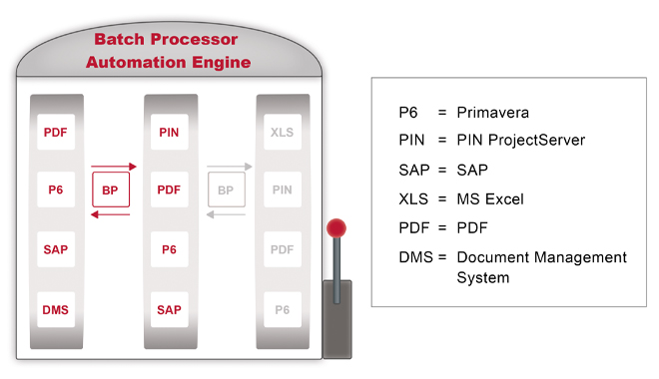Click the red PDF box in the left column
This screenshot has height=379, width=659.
pyautogui.click(x=56, y=132)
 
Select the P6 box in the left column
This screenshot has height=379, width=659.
pyautogui.click(x=56, y=189)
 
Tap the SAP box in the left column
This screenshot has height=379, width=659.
pyautogui.click(x=56, y=249)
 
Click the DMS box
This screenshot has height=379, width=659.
pyautogui.click(x=56, y=310)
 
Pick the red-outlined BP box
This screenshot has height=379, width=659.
pyautogui.click(x=111, y=189)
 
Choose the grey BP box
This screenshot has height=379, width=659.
pyautogui.click(x=226, y=189)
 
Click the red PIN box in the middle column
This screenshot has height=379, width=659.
pyautogui.click(x=169, y=132)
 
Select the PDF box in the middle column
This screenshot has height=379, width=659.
pyautogui.click(x=169, y=189)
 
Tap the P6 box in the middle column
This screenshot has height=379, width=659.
pyautogui.click(x=169, y=249)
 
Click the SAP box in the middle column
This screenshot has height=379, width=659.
pyautogui.click(x=169, y=310)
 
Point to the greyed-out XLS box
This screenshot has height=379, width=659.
pyautogui.click(x=283, y=132)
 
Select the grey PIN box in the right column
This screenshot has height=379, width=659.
pyautogui.click(x=283, y=189)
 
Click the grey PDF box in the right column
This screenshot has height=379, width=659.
pyautogui.click(x=283, y=249)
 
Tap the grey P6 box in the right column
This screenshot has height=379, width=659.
pyautogui.click(x=283, y=310)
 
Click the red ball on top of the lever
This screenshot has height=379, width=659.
pyautogui.click(x=337, y=226)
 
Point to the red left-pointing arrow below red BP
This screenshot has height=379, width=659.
pyautogui.click(x=110, y=213)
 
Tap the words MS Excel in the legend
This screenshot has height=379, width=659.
pyautogui.click(x=490, y=198)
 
